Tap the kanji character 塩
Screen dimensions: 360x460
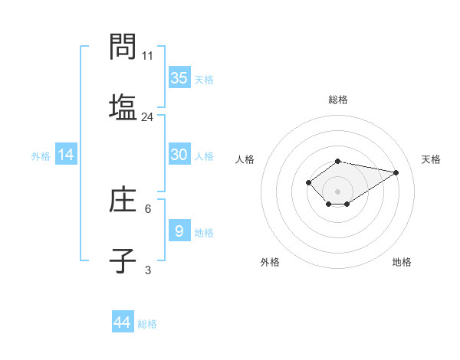(x=123, y=106)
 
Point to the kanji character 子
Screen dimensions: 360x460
(x=123, y=260)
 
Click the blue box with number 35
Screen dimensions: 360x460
(x=179, y=77)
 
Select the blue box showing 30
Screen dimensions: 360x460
(x=179, y=155)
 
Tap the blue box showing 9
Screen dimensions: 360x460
(x=179, y=231)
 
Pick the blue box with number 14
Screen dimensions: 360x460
(x=67, y=155)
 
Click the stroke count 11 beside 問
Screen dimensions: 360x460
(x=148, y=56)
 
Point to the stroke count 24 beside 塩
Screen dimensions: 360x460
(x=148, y=117)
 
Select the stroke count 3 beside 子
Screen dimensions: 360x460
(x=148, y=270)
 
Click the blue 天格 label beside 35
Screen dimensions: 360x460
(x=204, y=79)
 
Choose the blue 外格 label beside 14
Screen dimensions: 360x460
(x=41, y=156)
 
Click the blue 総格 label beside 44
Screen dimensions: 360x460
(x=147, y=324)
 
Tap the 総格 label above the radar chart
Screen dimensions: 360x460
(x=338, y=100)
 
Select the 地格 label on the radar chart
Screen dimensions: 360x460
(x=402, y=262)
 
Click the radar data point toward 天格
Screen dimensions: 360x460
(x=396, y=172)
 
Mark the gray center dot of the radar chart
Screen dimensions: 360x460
(x=337, y=191)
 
